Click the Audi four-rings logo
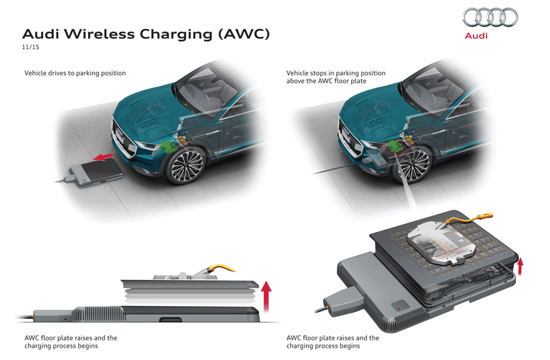(490, 18)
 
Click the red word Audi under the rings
(476, 35)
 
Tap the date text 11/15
(31, 47)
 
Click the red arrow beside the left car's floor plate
(104, 156)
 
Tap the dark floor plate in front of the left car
(97, 172)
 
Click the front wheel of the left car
(185, 166)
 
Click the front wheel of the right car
(411, 165)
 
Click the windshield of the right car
(431, 92)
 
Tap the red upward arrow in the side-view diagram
(266, 296)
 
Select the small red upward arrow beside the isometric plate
(520, 266)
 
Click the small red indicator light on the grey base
(400, 309)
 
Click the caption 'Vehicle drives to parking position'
(75, 73)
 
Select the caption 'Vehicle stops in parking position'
(335, 73)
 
